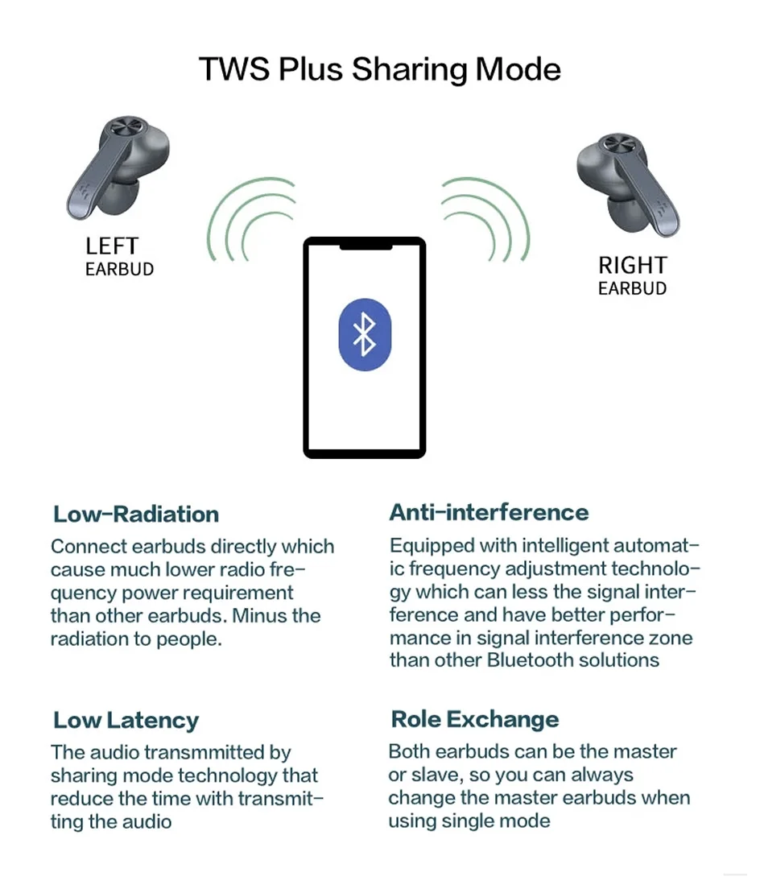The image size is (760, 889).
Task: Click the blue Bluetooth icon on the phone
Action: point(365,334)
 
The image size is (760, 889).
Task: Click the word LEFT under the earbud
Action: point(112,246)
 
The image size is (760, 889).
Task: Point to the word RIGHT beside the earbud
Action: point(632,266)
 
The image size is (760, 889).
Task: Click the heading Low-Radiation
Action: point(136,515)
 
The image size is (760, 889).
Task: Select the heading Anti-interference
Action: point(489,513)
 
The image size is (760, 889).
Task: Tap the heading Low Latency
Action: point(126,721)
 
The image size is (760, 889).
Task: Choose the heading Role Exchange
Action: point(474,719)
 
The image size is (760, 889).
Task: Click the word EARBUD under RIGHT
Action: point(632,288)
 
